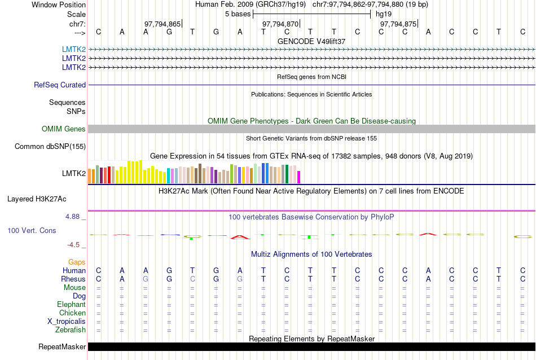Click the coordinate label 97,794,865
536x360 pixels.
162,24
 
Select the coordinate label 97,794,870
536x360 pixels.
280,24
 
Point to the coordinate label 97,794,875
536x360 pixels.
398,24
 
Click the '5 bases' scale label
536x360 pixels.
237,14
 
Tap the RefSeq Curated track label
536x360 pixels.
60,85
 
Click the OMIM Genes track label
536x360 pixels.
64,129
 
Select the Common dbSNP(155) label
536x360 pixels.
50,147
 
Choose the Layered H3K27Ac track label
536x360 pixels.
37,199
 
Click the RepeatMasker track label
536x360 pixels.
62,346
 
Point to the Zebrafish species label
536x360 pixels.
71,330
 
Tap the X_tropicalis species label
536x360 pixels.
67,322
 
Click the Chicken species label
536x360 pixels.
73,313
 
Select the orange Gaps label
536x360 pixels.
77,262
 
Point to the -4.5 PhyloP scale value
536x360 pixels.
74,244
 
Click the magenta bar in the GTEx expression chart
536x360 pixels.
299,177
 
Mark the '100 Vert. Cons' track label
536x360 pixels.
32,230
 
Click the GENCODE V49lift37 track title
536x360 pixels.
311,41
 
